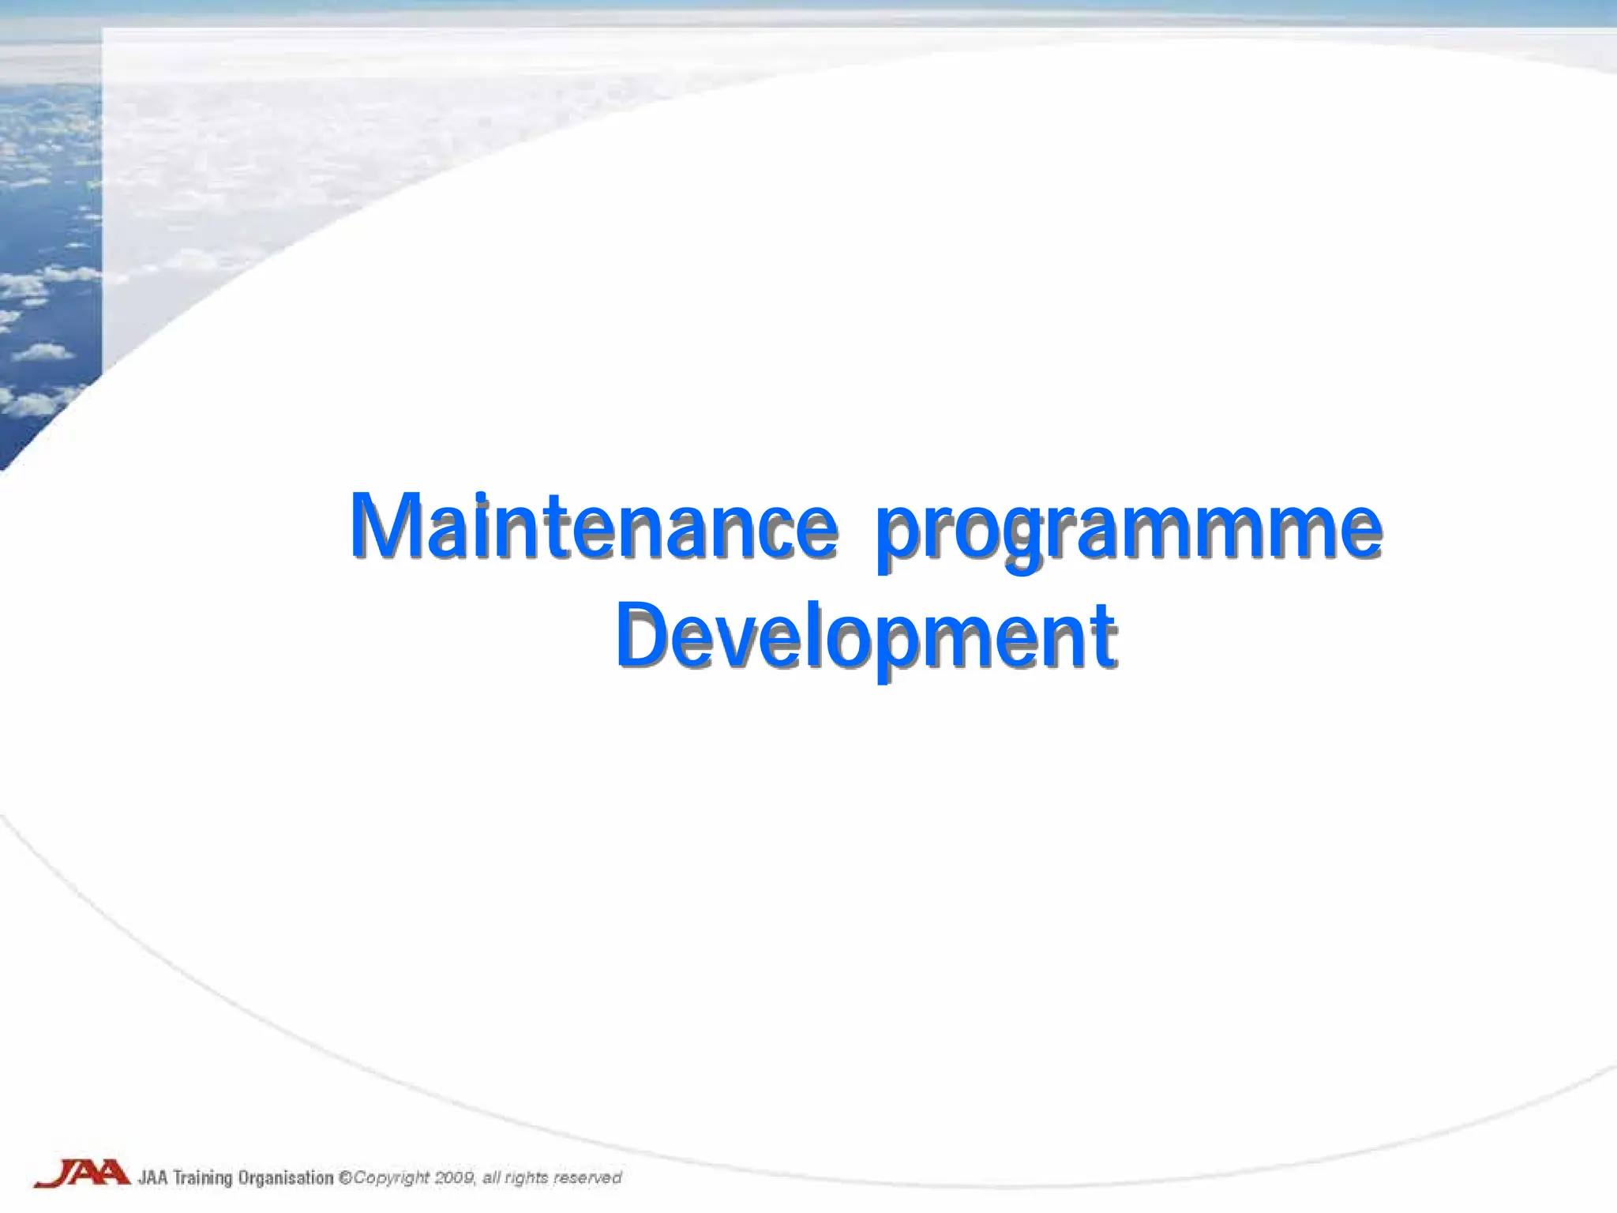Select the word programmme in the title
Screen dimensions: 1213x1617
tap(1129, 531)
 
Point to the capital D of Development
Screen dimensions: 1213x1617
tap(643, 635)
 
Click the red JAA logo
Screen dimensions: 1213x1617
tap(81, 1174)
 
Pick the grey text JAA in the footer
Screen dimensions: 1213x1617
tap(153, 1178)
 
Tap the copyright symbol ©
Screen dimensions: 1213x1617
tap(345, 1178)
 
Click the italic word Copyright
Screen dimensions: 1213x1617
tap(391, 1178)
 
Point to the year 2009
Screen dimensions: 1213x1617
tap(454, 1178)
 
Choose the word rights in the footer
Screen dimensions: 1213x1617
tap(526, 1178)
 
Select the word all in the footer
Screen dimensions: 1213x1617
tap(491, 1178)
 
